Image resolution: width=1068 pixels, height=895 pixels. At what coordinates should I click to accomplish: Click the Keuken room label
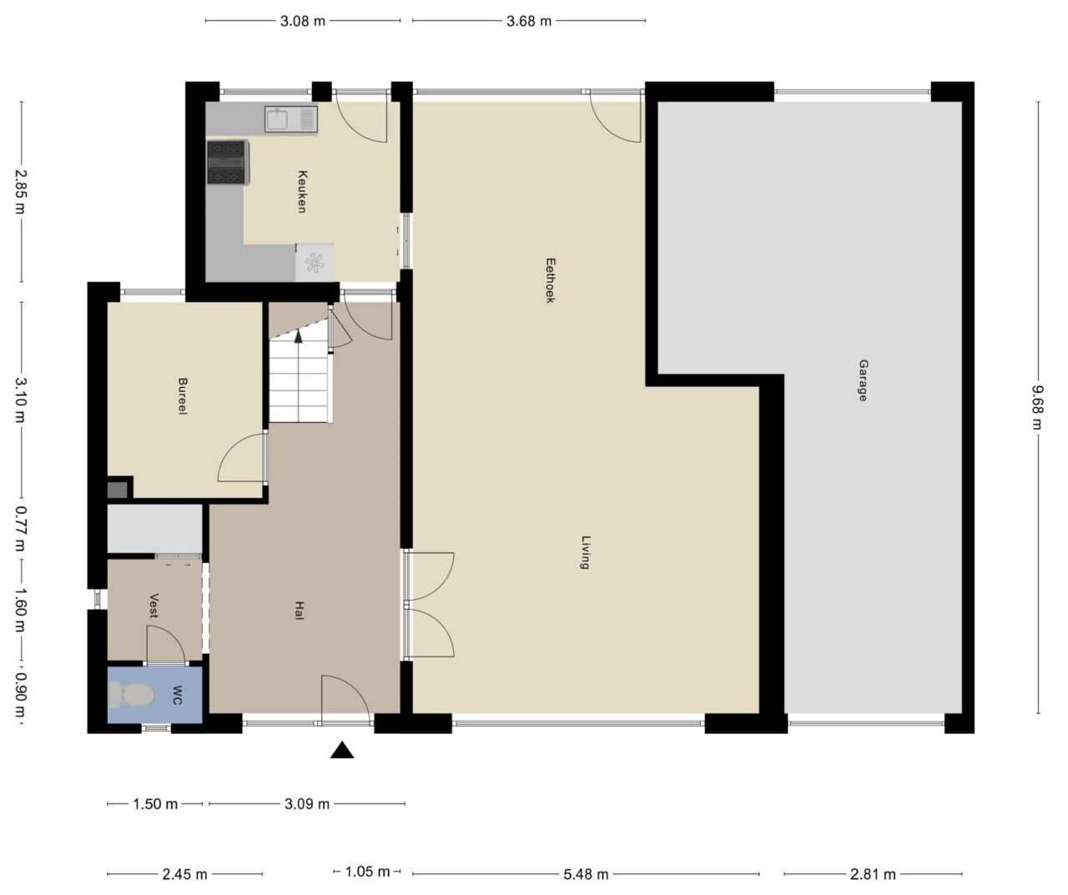302,191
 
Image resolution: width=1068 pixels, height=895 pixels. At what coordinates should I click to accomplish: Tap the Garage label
864,380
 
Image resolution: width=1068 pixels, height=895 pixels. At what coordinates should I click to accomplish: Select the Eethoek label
550,280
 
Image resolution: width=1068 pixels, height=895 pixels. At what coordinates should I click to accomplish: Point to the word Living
587,552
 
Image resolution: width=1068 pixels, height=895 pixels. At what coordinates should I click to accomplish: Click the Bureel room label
182,396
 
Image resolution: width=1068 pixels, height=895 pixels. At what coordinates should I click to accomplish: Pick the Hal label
300,611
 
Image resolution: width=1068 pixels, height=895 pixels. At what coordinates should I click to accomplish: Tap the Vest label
154,606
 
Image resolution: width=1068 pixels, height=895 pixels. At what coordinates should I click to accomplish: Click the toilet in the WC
131,695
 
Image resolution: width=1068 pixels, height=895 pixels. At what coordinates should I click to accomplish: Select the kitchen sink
291,120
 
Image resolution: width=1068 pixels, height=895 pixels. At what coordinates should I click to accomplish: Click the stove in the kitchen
226,162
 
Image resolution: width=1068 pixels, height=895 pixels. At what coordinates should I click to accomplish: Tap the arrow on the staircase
298,336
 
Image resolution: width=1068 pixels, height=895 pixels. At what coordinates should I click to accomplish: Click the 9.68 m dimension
1038,408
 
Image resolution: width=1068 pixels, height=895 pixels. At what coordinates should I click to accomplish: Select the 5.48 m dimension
586,874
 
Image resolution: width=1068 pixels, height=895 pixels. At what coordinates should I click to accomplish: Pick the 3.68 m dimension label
529,21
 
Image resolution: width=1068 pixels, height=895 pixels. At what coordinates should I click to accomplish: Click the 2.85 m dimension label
22,191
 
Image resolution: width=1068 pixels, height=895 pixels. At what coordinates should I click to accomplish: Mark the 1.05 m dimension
367,871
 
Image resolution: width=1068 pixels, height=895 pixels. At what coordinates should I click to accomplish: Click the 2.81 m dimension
873,874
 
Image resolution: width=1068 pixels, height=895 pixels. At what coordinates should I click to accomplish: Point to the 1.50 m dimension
155,804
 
